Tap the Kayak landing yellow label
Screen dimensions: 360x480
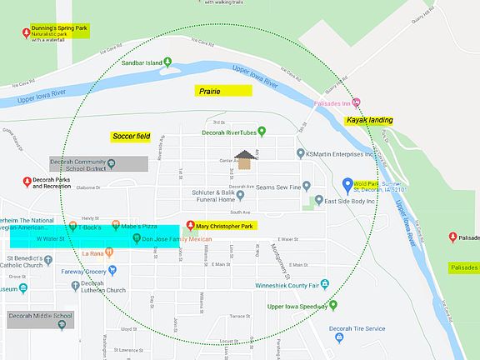(368, 120)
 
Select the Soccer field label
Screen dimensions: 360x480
(132, 136)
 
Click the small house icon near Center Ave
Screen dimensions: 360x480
(244, 158)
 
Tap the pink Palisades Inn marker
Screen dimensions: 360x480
(357, 103)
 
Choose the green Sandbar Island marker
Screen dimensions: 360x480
(168, 61)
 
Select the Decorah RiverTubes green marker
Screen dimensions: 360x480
(261, 131)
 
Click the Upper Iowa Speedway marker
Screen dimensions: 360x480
(332, 305)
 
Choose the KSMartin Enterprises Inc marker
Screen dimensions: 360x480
(301, 153)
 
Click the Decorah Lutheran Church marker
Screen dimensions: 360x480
(76, 283)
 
